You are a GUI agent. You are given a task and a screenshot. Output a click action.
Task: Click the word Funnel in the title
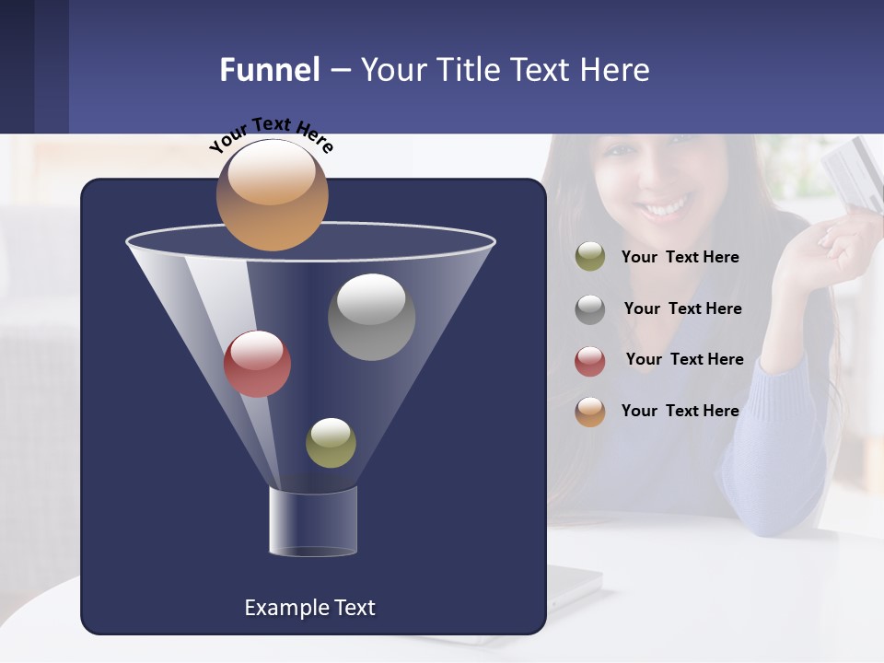click(269, 70)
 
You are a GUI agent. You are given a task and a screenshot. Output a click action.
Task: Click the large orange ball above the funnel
click(273, 195)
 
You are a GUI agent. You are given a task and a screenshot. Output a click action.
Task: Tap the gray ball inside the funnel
click(371, 317)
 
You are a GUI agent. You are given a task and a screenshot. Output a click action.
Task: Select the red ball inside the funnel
click(258, 364)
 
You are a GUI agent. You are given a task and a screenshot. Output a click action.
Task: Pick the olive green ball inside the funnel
click(331, 443)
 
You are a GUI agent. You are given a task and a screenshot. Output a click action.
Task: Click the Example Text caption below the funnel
click(309, 608)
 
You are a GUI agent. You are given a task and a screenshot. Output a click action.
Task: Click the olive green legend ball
click(590, 257)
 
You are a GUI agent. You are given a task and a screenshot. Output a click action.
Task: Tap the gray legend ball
click(590, 308)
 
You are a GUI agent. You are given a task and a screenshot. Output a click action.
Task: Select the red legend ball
click(590, 360)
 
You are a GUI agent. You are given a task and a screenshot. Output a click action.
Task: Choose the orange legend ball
click(590, 411)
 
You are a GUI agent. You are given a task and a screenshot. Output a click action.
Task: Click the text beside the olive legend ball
click(680, 258)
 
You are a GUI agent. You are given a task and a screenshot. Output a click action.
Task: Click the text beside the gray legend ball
click(682, 309)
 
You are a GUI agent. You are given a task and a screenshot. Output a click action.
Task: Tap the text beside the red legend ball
click(684, 360)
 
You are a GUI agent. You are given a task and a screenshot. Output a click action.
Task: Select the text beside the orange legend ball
click(680, 411)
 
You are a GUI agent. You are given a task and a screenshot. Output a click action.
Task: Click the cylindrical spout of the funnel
click(313, 522)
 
